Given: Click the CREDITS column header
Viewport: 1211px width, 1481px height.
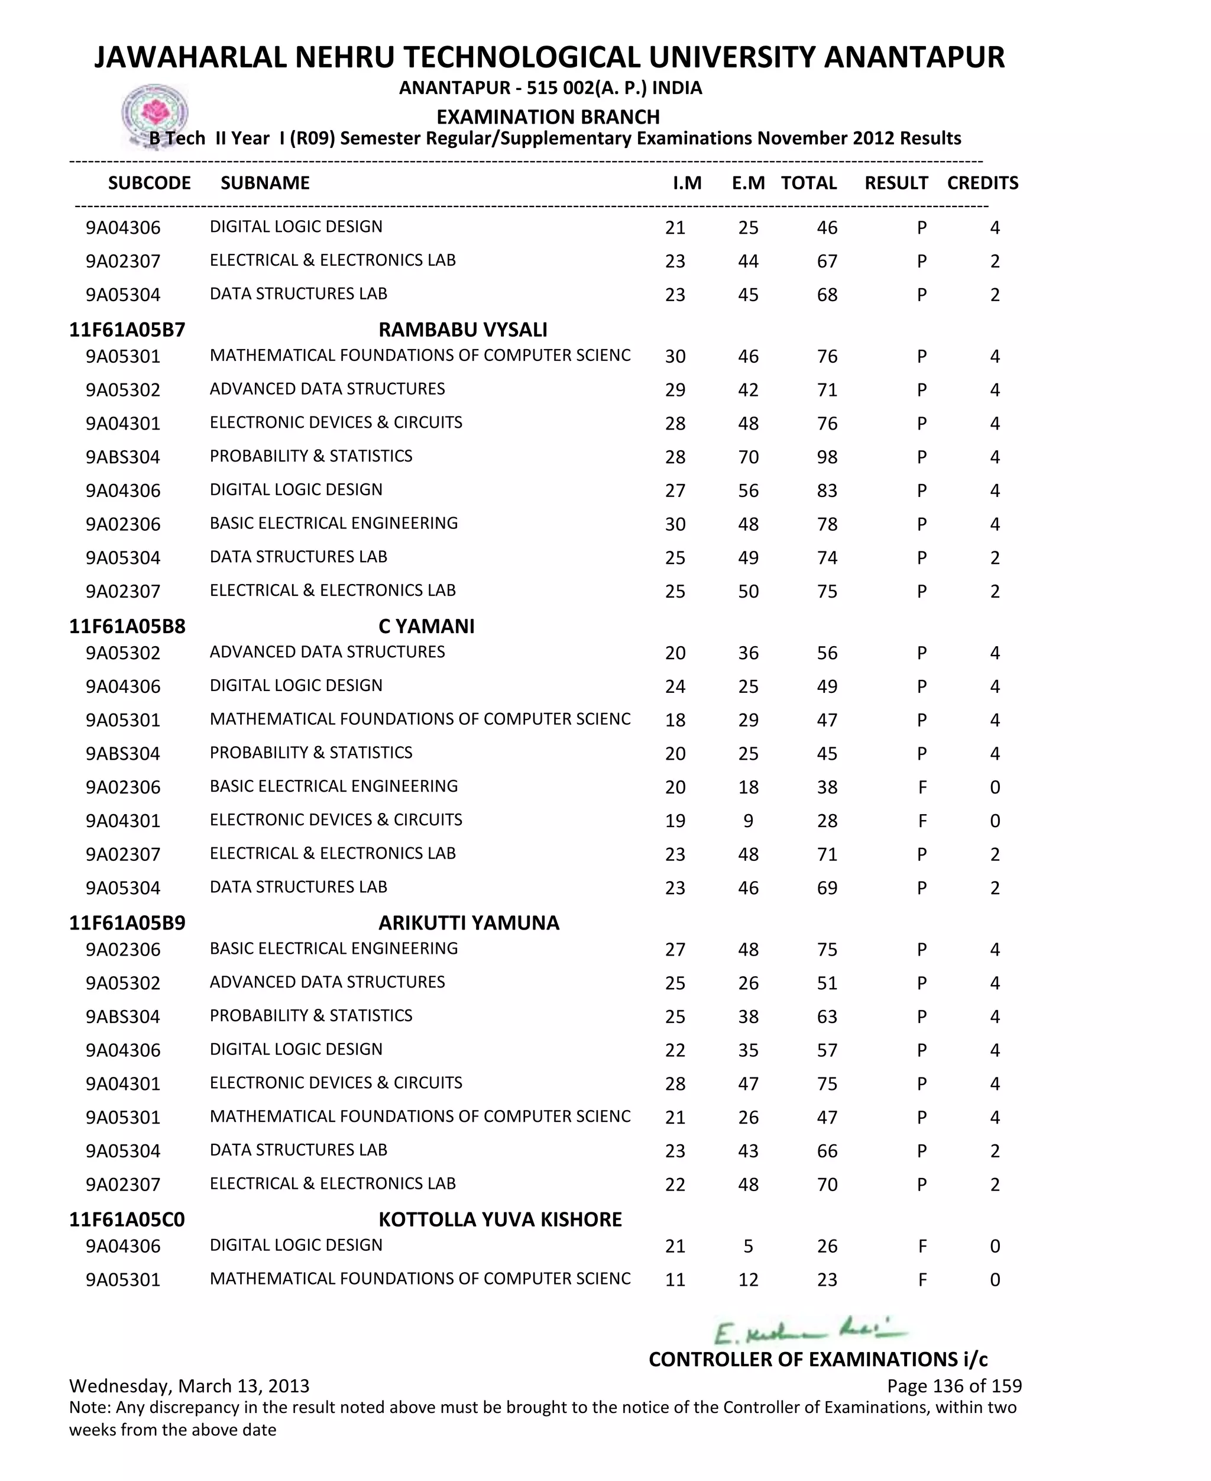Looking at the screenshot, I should (x=982, y=183).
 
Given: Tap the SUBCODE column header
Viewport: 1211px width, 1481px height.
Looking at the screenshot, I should (x=149, y=183).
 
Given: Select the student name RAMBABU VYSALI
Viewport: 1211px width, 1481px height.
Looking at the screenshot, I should (x=462, y=330).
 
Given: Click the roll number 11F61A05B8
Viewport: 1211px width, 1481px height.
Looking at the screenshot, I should (x=127, y=626).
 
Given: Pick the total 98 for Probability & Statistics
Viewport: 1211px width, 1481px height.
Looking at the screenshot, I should (x=827, y=457).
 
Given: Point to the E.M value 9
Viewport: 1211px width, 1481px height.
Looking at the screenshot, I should (x=748, y=821).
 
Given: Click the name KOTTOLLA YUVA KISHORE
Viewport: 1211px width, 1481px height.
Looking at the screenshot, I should (x=500, y=1219).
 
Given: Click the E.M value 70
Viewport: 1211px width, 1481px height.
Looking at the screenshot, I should (x=748, y=457).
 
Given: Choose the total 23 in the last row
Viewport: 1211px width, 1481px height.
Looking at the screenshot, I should (x=827, y=1279).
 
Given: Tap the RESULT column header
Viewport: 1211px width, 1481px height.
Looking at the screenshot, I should (x=896, y=183).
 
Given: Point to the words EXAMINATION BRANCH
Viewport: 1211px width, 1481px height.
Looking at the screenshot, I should (x=548, y=117).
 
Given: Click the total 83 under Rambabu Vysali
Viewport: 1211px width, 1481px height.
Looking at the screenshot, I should (x=827, y=491).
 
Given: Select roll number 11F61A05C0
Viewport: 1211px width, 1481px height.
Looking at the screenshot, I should (x=127, y=1219).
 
